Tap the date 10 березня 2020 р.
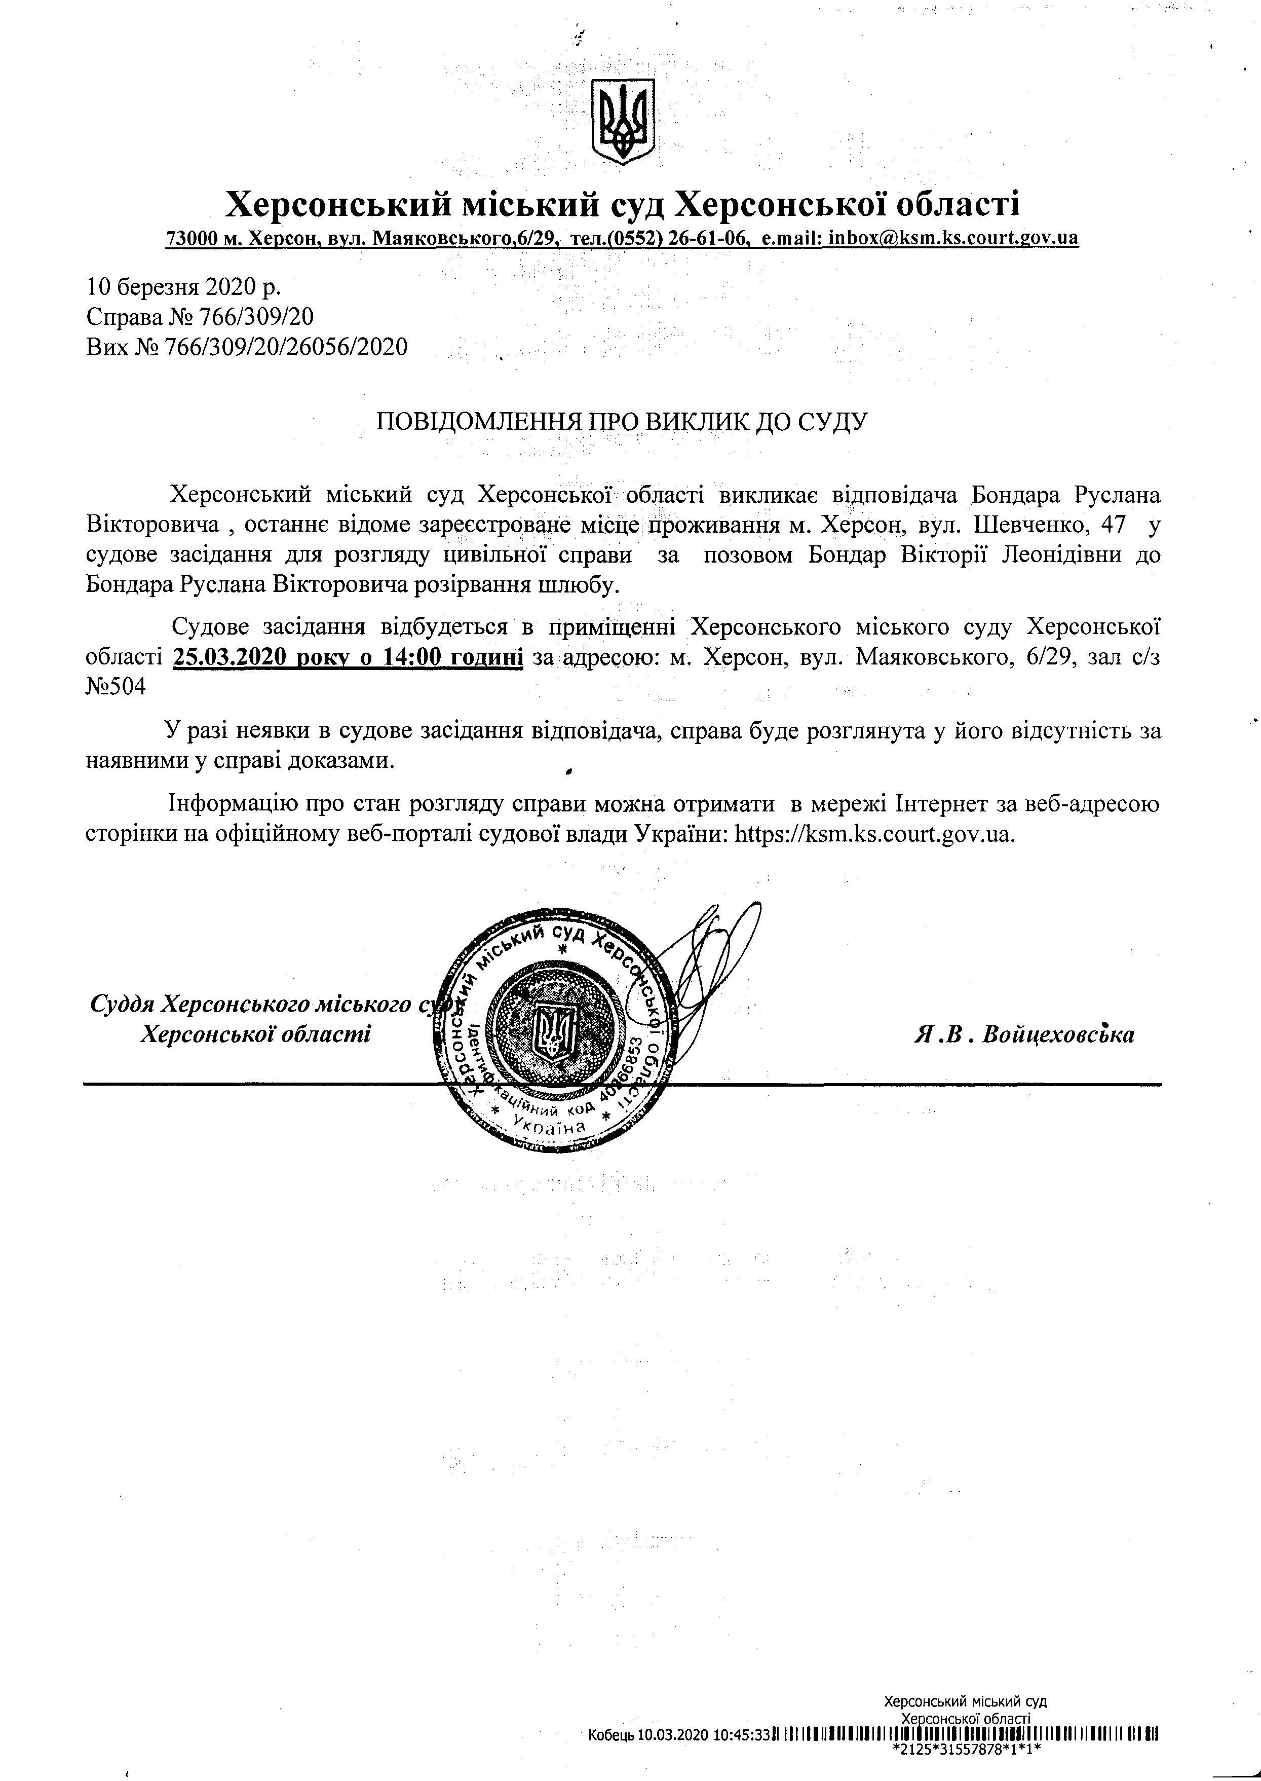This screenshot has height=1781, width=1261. [x=184, y=287]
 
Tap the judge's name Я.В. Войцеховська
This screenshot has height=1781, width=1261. [x=1024, y=1034]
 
